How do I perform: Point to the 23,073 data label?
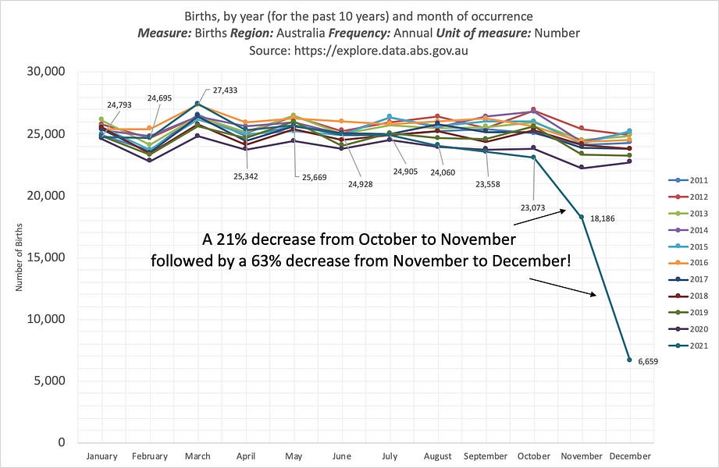(x=532, y=207)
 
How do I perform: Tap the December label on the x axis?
(x=630, y=456)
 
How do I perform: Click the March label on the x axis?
(x=198, y=456)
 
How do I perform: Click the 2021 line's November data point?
(x=581, y=218)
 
